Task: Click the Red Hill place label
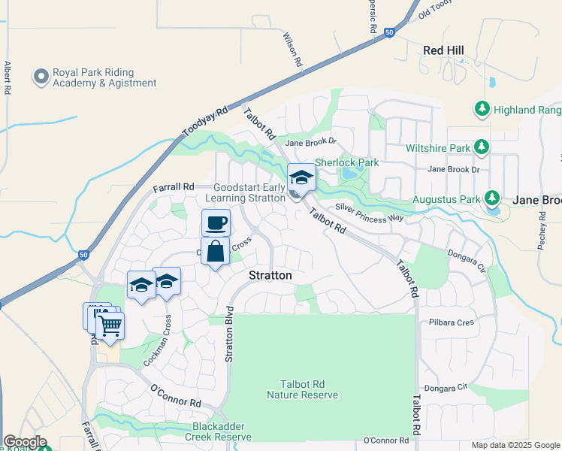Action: click(x=443, y=50)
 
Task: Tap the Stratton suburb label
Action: click(x=270, y=276)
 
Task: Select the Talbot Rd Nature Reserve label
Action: click(x=303, y=389)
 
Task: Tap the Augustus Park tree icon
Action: click(x=492, y=199)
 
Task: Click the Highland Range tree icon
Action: click(x=482, y=110)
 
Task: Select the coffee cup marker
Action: click(x=216, y=223)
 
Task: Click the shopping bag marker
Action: click(x=215, y=253)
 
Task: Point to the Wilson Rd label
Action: click(x=292, y=50)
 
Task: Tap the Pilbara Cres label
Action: click(x=454, y=322)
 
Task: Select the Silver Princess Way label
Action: click(x=370, y=213)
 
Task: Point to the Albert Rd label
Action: click(x=7, y=77)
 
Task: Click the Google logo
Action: click(x=25, y=442)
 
